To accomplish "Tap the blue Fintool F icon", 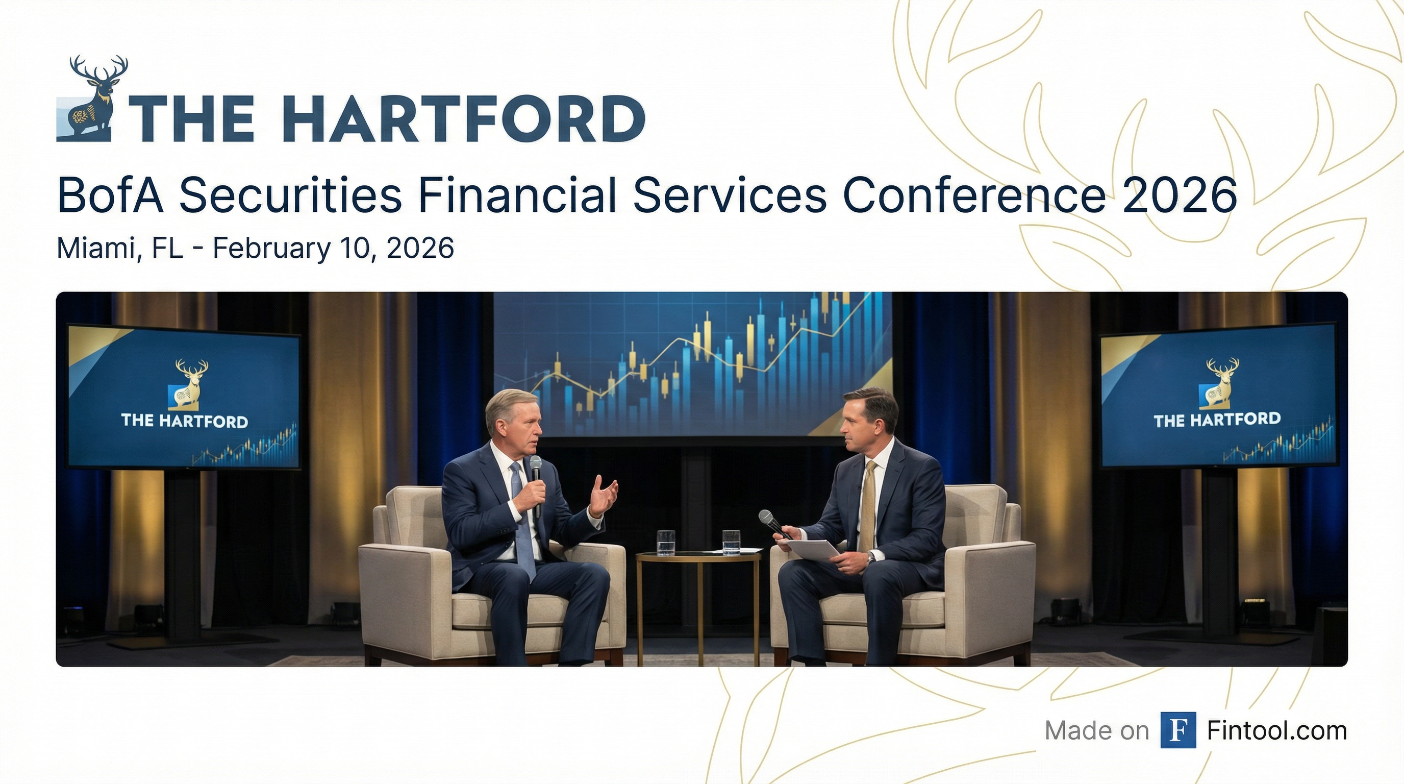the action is [1178, 730].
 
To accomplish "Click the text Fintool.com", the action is [1276, 730].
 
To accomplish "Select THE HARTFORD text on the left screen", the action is [185, 421].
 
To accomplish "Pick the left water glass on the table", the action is [665, 543].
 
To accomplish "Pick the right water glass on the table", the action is [731, 543].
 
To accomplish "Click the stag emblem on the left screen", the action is [189, 384].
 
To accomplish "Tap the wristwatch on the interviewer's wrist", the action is [871, 557].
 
